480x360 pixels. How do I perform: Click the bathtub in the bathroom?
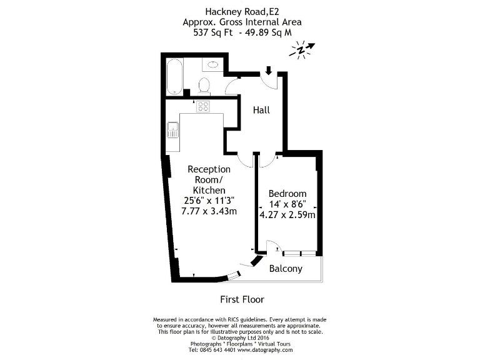(174, 76)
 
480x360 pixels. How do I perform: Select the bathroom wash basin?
(212, 64)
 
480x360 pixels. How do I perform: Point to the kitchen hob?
(203, 106)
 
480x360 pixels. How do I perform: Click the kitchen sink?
(173, 130)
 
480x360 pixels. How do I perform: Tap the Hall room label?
(261, 110)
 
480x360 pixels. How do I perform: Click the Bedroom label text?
(287, 193)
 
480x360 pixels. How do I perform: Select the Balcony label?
(286, 269)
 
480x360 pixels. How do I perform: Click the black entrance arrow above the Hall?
(268, 70)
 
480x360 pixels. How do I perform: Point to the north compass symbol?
(302, 50)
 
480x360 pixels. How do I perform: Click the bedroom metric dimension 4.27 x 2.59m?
(287, 215)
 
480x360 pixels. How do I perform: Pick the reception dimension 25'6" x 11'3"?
(209, 201)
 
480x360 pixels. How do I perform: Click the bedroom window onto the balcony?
(299, 253)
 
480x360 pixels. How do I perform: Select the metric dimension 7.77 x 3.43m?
(209, 211)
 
